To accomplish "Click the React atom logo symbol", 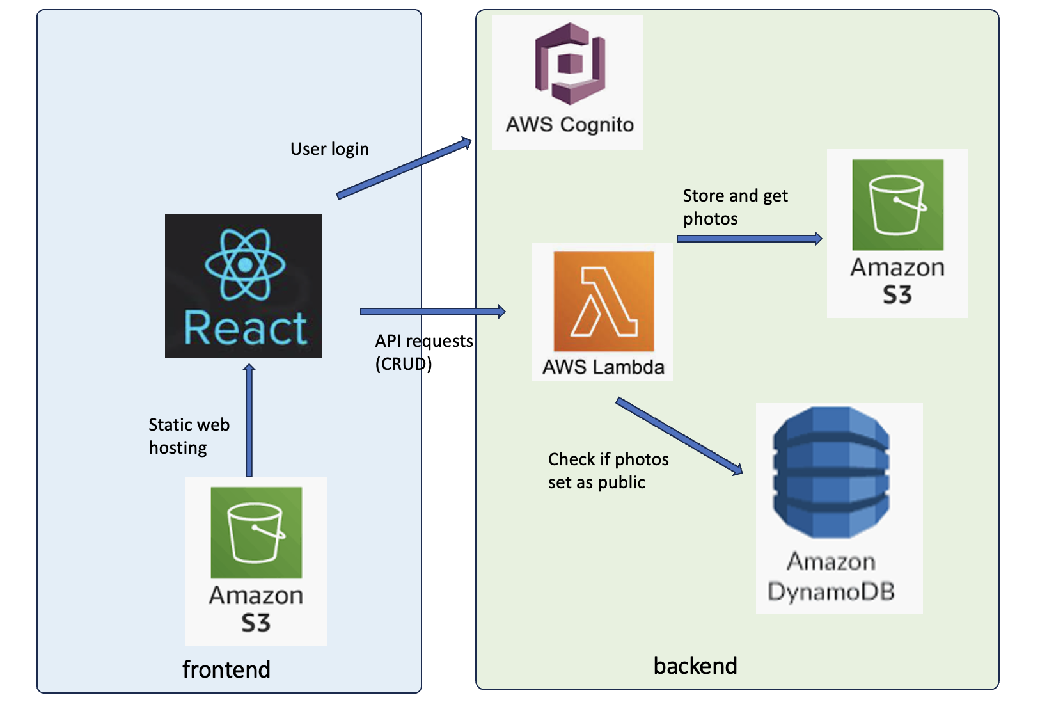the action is coord(245,264).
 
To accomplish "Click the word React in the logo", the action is coord(246,328).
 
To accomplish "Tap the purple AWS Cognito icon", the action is coord(570,63).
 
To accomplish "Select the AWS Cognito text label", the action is coord(570,125).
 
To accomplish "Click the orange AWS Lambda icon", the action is coord(604,301).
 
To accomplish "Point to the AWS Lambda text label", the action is coord(603,367).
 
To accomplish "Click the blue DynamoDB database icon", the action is coord(831,472).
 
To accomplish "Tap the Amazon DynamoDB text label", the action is coord(831,577).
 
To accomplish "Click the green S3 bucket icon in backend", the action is coord(897,205).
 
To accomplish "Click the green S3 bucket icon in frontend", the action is coord(256,532).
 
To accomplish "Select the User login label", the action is coord(329,149).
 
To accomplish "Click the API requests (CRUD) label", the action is coord(424,352).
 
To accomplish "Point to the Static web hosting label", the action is coord(189,436).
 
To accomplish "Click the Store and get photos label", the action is coord(736,207).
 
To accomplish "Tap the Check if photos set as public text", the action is coord(608,471).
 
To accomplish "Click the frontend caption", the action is coord(226,669).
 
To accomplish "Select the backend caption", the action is coord(695,665).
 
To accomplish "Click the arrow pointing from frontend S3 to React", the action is coord(249,420).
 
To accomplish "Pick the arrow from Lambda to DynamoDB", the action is coord(679,436).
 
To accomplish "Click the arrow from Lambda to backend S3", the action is coord(750,239).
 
